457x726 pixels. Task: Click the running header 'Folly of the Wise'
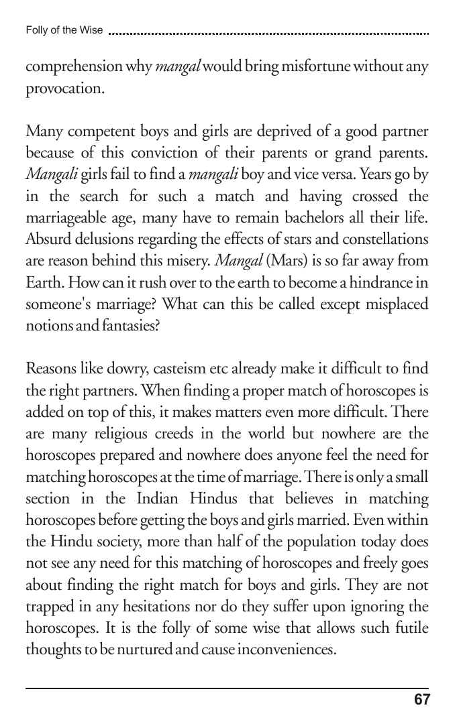[64, 30]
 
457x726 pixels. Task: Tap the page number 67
[421, 700]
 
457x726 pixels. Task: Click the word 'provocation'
[64, 89]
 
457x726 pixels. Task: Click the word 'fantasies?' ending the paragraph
[137, 325]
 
